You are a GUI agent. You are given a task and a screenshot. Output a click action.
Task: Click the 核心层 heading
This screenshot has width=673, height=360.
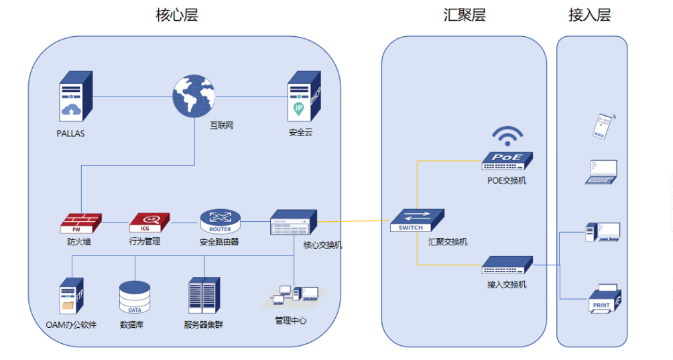[177, 15]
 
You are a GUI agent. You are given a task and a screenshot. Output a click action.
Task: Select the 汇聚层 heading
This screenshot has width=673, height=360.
[465, 15]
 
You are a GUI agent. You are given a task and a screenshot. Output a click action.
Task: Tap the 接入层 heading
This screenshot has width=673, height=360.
[590, 15]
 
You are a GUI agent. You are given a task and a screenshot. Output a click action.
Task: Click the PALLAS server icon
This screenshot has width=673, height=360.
[74, 96]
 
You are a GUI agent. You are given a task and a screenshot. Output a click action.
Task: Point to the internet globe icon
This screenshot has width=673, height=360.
[194, 95]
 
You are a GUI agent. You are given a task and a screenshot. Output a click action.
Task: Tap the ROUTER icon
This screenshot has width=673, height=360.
[220, 221]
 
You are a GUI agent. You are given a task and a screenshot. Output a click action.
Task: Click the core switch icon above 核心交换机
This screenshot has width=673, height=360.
[293, 223]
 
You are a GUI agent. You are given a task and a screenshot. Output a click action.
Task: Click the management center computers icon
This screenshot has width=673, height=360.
[296, 297]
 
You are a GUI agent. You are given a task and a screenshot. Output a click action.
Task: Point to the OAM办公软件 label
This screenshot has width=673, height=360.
[71, 325]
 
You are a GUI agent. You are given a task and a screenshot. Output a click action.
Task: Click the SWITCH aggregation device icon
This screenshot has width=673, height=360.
[418, 221]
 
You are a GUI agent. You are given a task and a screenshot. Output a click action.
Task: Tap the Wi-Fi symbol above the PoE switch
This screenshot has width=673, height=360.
[507, 136]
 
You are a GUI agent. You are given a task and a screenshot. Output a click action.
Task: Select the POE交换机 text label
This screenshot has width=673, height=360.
[507, 180]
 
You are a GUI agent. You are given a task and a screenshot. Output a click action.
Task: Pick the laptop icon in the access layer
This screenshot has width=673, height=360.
[601, 172]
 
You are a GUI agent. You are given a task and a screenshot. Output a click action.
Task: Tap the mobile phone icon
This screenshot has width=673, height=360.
[603, 126]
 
